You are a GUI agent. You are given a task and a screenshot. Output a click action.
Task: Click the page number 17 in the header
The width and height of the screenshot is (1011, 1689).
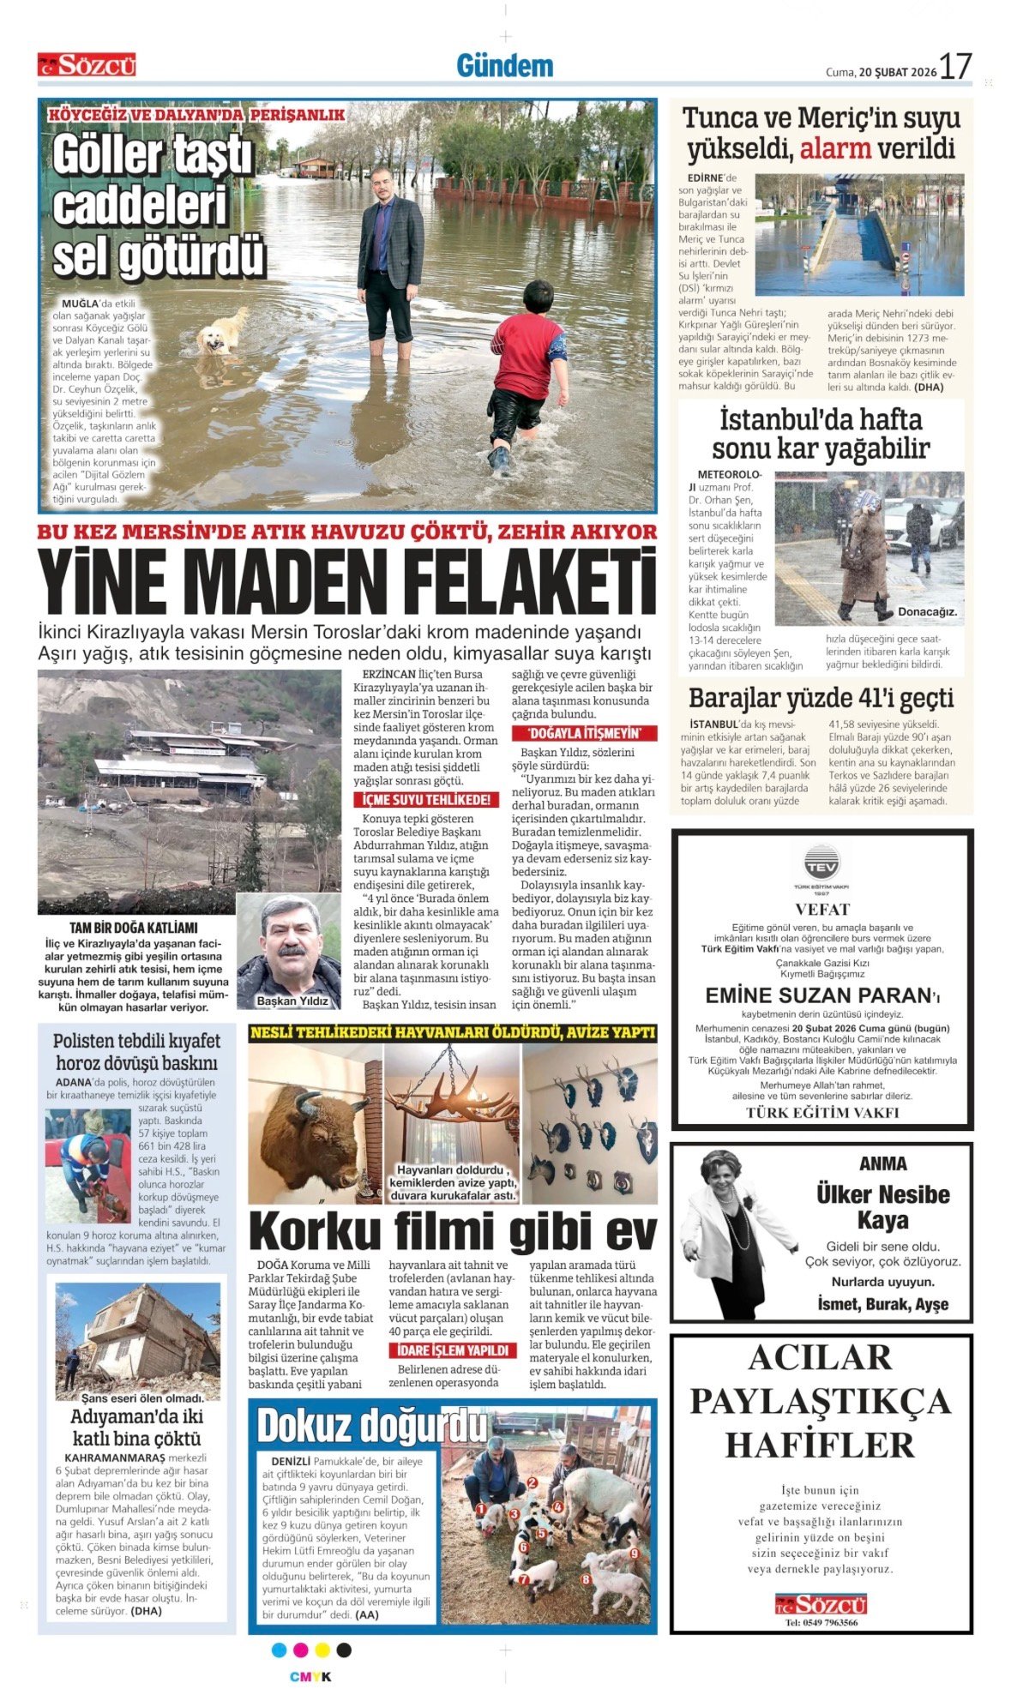tap(954, 67)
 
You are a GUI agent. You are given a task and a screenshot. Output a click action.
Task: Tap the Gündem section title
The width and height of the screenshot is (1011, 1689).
tap(504, 66)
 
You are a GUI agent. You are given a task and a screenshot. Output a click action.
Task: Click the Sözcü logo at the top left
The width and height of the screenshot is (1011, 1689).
tap(87, 65)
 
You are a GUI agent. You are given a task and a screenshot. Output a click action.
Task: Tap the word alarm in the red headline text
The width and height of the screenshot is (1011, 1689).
tap(834, 149)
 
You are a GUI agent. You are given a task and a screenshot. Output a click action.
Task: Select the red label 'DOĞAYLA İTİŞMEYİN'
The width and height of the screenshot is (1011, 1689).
tap(584, 733)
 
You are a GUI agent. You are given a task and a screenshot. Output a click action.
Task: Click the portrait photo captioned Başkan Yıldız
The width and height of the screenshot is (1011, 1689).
tap(288, 950)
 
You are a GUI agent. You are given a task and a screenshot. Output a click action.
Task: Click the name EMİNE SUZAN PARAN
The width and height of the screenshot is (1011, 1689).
tap(818, 995)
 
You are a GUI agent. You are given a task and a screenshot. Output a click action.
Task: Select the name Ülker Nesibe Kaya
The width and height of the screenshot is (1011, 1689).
tap(882, 1206)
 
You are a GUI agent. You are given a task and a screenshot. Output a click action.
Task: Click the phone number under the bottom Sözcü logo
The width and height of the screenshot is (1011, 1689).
tap(821, 1622)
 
